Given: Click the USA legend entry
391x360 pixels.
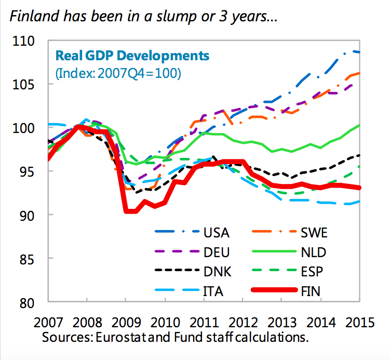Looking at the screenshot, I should click(217, 232).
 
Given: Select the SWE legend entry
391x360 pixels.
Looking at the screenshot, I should click(317, 232).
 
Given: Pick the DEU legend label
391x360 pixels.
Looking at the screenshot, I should click(216, 252).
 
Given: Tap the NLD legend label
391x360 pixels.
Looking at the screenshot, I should click(317, 252).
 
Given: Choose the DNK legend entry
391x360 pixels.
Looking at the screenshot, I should click(216, 272).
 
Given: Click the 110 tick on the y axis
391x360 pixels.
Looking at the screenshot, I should click(24, 41).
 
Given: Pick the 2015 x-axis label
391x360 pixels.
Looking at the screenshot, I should click(359, 322).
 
